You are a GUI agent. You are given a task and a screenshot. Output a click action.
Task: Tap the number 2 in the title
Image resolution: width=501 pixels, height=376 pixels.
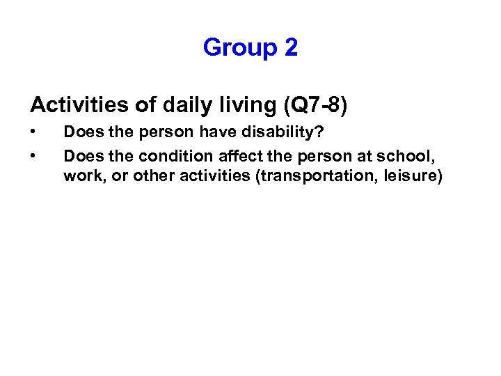click(291, 47)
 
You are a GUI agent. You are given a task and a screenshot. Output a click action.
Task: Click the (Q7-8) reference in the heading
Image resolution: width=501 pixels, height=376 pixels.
click(315, 105)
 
